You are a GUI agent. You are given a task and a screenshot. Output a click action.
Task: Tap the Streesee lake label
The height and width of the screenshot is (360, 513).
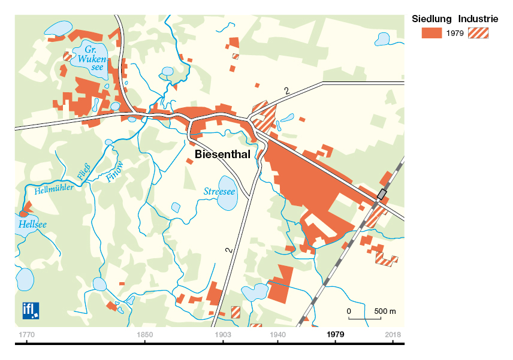[219, 192]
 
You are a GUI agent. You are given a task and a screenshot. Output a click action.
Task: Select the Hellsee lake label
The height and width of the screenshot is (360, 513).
[32, 225]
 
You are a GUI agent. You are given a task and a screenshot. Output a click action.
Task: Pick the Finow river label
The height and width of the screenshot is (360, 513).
[114, 171]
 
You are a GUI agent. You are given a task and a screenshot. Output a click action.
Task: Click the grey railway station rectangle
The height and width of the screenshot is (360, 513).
[381, 195]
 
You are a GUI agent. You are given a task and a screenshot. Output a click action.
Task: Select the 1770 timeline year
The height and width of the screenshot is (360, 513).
[26, 334]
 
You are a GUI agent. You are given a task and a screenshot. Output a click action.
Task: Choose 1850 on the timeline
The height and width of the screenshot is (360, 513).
[145, 334]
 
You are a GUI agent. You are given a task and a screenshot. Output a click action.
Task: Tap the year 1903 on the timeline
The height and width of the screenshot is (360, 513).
[222, 334]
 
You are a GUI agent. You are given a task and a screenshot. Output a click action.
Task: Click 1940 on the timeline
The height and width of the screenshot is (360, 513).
[278, 334]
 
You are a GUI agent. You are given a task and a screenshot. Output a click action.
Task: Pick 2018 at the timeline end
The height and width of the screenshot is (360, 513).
[393, 334]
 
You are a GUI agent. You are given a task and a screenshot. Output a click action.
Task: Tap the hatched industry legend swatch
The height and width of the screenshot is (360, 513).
[478, 33]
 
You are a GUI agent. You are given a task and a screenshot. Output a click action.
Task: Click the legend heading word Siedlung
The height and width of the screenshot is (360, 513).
[431, 19]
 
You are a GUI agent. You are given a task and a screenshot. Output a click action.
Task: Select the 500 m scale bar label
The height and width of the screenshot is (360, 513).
[385, 311]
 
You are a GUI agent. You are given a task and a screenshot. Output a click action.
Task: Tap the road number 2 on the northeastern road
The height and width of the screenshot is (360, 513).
[286, 91]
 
